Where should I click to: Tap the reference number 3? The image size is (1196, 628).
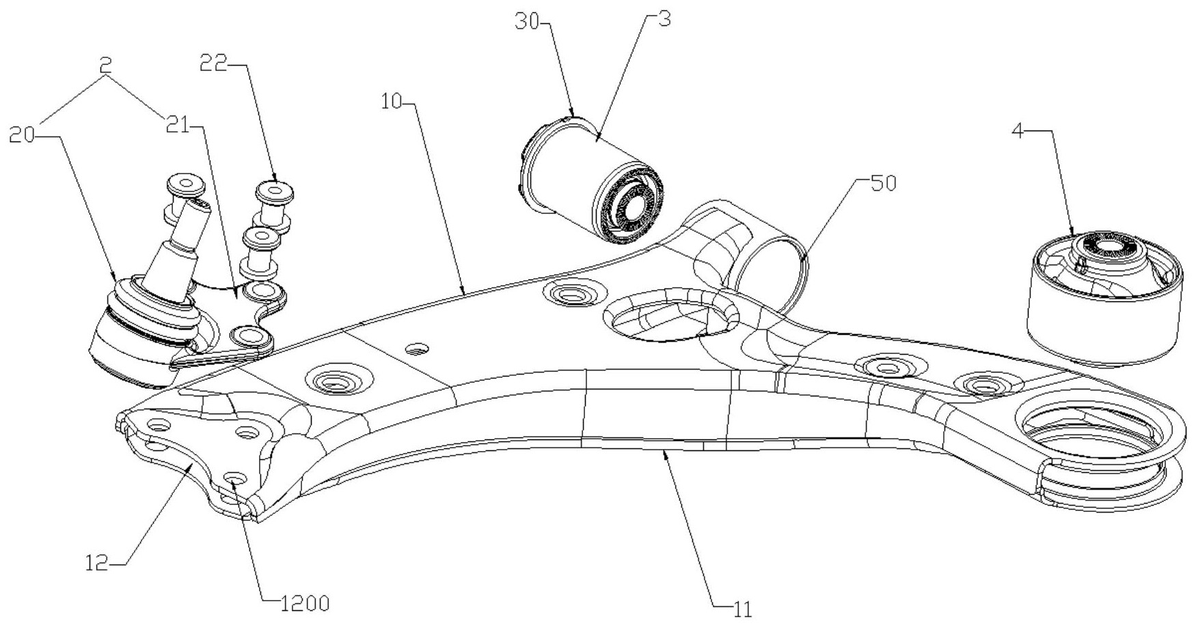[662, 19]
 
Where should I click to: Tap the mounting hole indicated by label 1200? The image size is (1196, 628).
[234, 476]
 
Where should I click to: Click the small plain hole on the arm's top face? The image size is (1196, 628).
[416, 350]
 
